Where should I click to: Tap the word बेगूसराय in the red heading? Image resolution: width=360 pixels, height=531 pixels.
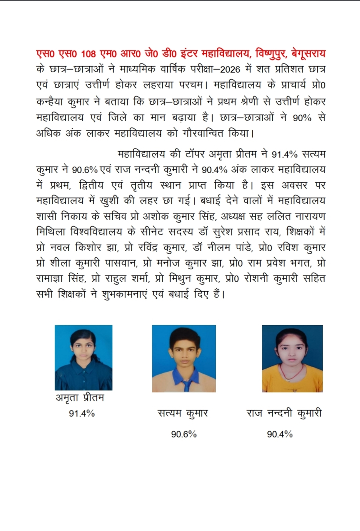(x=308, y=54)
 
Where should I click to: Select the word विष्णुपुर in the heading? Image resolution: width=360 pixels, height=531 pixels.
(x=267, y=54)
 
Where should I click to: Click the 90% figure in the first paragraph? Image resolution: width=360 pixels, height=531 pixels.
(x=302, y=118)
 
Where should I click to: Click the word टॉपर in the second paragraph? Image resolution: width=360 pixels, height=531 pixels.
(x=195, y=154)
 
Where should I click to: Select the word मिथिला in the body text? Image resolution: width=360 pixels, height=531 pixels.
(x=51, y=232)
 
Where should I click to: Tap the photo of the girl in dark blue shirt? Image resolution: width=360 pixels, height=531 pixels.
(x=83, y=357)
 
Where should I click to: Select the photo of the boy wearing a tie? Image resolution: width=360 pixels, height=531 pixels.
(x=184, y=358)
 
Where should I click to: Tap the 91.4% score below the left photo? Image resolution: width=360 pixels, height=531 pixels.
(x=82, y=414)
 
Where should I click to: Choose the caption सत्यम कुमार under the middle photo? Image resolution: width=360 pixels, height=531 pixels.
(x=183, y=414)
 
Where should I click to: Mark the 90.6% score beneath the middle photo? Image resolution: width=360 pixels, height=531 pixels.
(x=184, y=434)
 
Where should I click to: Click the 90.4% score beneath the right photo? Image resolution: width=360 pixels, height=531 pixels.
(x=280, y=434)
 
